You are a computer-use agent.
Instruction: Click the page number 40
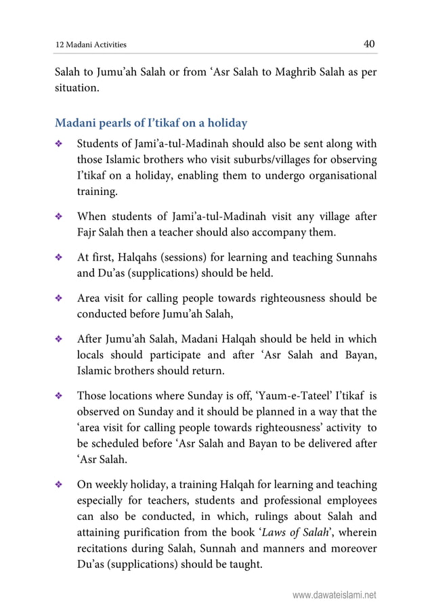click(369, 44)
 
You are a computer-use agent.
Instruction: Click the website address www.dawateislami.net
click(334, 596)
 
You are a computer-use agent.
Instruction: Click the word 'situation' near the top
click(77, 89)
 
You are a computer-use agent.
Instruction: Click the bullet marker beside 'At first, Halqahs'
click(60, 258)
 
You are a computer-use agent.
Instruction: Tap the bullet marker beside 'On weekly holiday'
click(60, 485)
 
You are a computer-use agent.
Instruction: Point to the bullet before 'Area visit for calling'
click(60, 299)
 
